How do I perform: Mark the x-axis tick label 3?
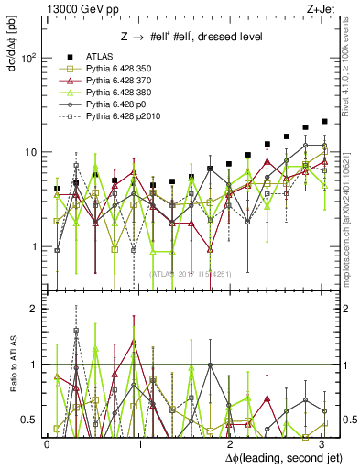tap(320, 443)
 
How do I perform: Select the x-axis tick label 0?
tap(47, 443)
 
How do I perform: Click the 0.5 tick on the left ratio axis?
tap(33, 420)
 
